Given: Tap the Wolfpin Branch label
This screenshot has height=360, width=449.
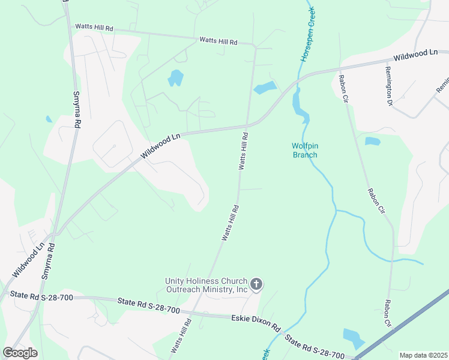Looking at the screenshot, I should pyautogui.click(x=304, y=150).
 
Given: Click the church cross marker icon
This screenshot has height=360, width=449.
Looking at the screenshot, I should pyautogui.click(x=256, y=284).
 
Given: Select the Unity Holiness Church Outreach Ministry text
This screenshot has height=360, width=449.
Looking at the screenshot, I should pyautogui.click(x=207, y=286).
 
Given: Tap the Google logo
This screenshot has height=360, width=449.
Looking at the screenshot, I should pyautogui.click(x=20, y=353).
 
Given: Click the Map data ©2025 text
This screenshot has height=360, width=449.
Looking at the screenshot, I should pyautogui.click(x=423, y=355).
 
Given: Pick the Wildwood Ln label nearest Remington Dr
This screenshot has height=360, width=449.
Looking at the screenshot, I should pyautogui.click(x=415, y=56).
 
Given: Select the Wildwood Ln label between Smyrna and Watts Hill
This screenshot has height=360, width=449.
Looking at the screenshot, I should pyautogui.click(x=160, y=146).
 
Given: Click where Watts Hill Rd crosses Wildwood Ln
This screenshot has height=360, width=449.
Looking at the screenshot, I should pyautogui.click(x=246, y=127).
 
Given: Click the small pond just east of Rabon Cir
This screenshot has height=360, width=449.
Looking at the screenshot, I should pyautogui.click(x=373, y=142).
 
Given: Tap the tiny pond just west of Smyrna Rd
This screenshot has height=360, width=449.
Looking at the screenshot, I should pyautogui.click(x=49, y=119).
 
